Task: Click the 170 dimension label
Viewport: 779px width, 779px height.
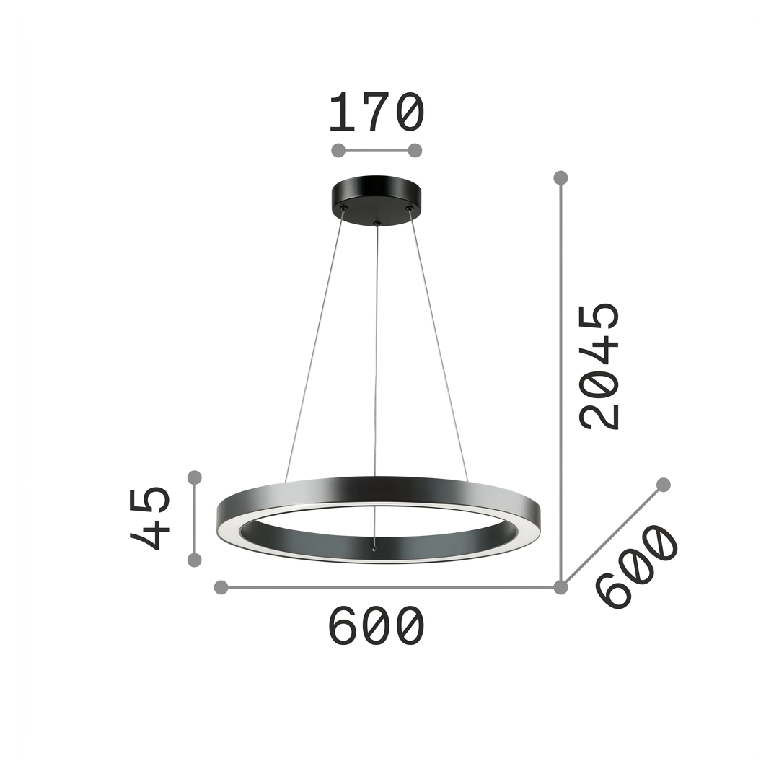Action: click(377, 113)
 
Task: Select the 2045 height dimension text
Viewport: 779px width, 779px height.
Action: click(599, 366)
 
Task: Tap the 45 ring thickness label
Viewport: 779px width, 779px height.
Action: click(149, 518)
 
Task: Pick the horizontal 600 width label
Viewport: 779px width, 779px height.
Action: click(377, 625)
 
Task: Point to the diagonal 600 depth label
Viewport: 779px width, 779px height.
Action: click(637, 566)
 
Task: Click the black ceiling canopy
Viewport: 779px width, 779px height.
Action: click(377, 201)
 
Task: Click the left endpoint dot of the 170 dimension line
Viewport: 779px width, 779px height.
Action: click(338, 150)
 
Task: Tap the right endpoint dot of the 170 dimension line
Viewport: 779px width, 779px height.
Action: click(415, 150)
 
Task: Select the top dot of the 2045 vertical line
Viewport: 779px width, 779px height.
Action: click(561, 177)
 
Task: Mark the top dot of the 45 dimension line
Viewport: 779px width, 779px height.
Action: click(195, 477)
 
